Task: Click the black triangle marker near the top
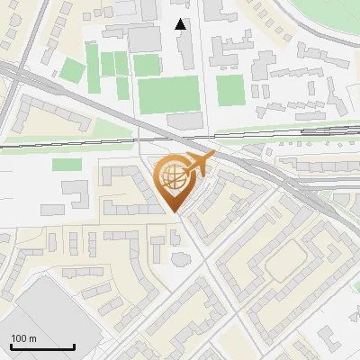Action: coord(181,24)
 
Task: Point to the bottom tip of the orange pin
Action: coord(176,213)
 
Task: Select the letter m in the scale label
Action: coord(33,338)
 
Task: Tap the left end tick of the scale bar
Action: coord(11,346)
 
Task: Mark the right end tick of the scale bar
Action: coord(75,346)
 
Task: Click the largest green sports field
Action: coord(168,94)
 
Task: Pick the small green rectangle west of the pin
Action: coord(66,165)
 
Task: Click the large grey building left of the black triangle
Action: coord(145,39)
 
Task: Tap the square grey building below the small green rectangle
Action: coord(76,192)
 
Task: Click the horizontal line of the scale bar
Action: coord(42,347)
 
